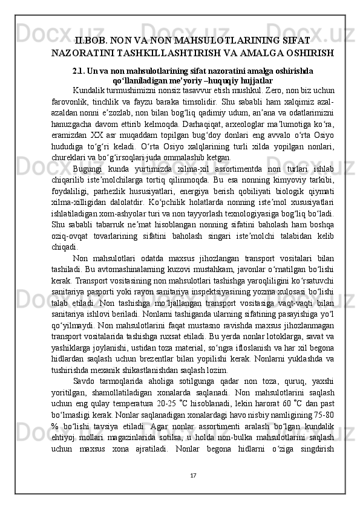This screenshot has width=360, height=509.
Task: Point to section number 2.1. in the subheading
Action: click(80, 70)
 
